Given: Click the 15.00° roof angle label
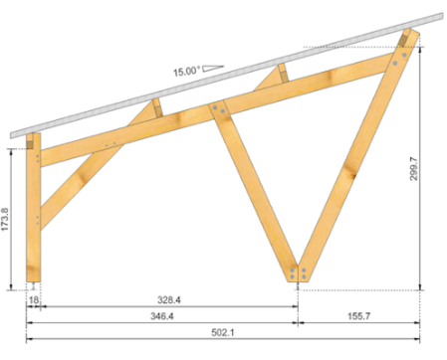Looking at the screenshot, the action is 187,72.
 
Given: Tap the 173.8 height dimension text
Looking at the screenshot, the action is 5,220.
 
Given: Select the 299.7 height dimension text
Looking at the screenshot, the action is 413,169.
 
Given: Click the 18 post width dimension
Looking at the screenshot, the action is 34,300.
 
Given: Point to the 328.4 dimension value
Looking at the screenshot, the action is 169,300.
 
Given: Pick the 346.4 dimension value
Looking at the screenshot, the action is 162,316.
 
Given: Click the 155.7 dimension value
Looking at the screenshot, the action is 358,316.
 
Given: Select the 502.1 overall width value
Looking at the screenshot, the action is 223,332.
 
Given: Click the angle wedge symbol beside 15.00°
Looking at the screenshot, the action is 213,69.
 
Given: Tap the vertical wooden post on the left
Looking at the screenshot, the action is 33,208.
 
